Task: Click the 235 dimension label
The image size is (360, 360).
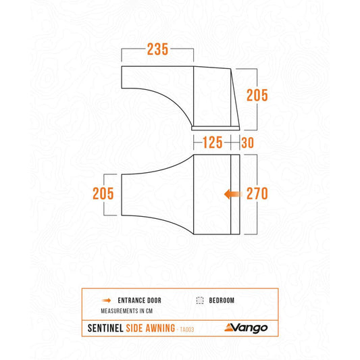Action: [x=157, y=49]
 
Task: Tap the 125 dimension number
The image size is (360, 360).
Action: [x=213, y=143]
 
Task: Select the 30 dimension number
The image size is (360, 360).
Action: [x=247, y=143]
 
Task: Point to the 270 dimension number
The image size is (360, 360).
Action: [x=257, y=194]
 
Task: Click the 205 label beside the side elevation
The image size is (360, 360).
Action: [x=257, y=95]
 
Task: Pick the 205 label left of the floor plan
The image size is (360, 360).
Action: [x=103, y=194]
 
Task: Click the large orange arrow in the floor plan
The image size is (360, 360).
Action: [x=233, y=195]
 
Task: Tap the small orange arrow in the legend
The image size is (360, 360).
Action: [x=106, y=301]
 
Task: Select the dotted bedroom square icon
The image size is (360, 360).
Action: [x=200, y=301]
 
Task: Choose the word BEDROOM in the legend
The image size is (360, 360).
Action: [x=222, y=301]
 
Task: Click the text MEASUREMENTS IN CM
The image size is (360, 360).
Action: [x=127, y=311]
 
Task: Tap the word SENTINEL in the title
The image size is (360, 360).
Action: [x=105, y=328]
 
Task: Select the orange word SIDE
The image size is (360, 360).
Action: [x=134, y=328]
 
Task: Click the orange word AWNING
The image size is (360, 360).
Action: [x=160, y=328]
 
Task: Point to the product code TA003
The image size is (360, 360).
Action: [x=187, y=330]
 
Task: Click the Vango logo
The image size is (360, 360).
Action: [x=246, y=328]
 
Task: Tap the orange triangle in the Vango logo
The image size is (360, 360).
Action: [x=230, y=327]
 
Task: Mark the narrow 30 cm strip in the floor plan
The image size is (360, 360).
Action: [x=235, y=195]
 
